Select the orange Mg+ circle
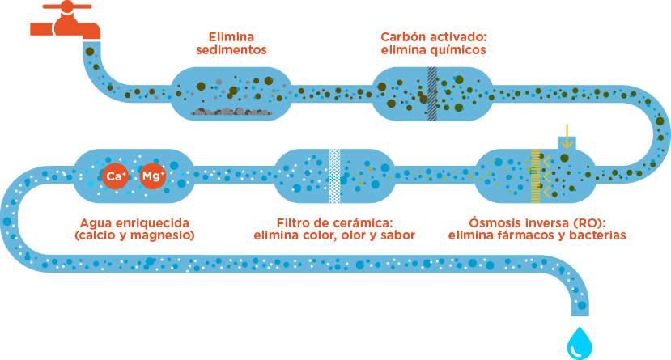[153, 176]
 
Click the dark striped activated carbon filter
[433, 93]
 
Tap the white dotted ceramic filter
[334, 176]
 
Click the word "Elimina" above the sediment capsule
[231, 37]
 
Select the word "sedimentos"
[231, 50]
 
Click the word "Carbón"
[404, 37]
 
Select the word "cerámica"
[362, 222]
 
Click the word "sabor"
[398, 235]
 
